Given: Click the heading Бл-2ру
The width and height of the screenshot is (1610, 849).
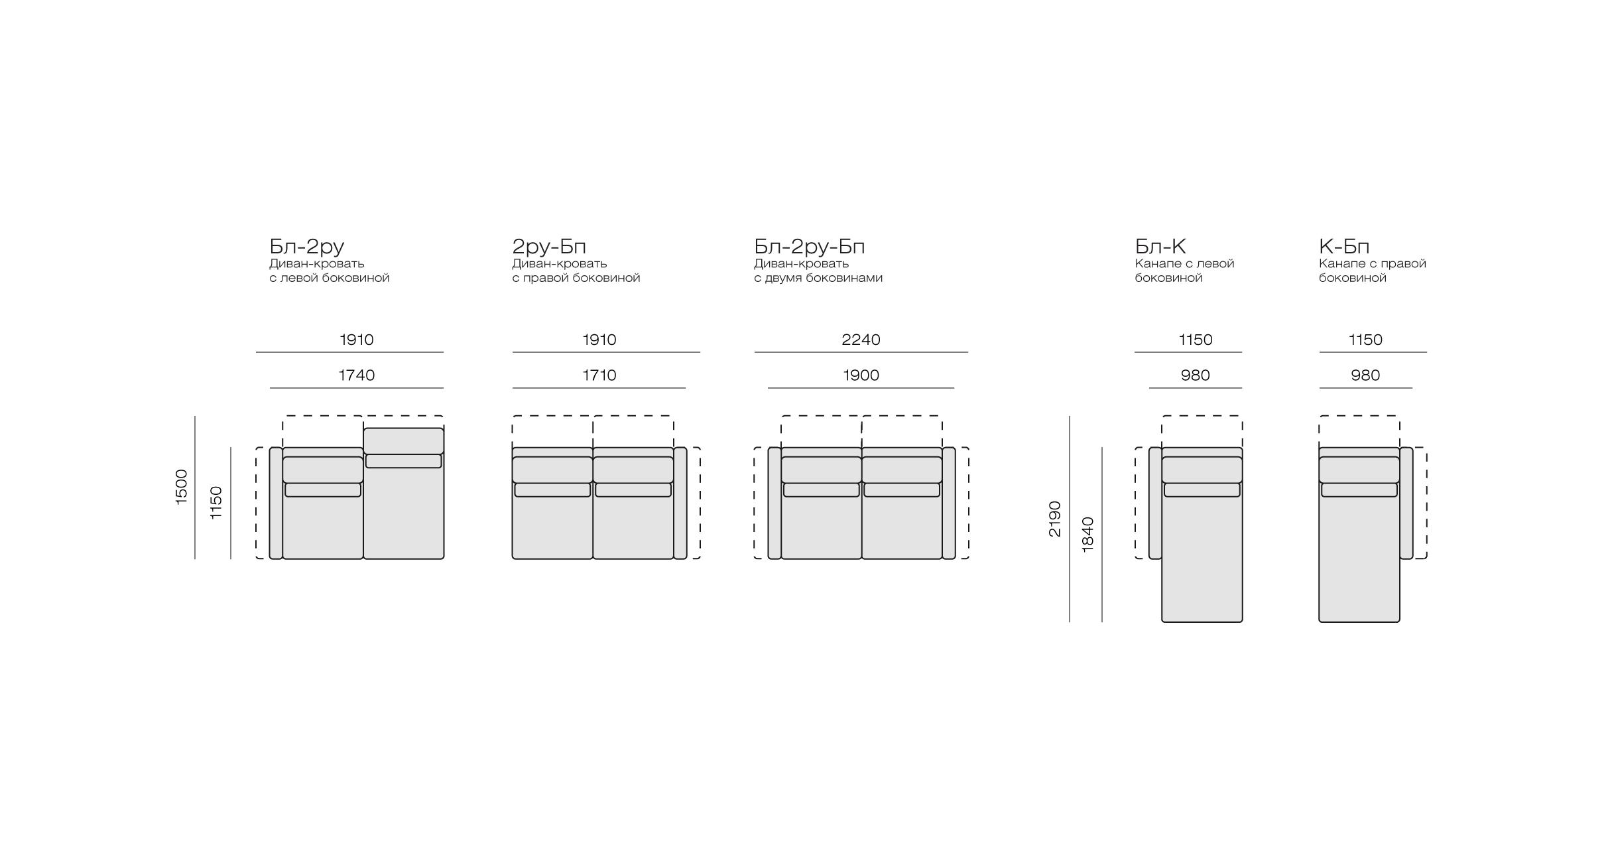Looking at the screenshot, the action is [307, 247].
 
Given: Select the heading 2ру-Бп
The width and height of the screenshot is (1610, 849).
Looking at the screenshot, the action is [549, 247].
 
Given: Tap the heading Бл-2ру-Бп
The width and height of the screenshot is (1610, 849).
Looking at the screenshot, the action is [810, 247].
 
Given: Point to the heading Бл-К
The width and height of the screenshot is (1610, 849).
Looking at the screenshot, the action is [1160, 246].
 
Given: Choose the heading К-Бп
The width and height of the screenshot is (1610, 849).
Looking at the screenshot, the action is [1344, 246].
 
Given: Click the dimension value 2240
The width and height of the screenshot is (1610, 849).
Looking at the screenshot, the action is [861, 340].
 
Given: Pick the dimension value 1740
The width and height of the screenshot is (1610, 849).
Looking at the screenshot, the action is [357, 375].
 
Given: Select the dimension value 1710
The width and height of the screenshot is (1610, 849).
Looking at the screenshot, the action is [599, 375].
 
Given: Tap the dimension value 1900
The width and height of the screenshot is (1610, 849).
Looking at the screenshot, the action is [861, 375].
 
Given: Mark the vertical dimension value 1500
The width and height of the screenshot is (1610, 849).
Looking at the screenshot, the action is [182, 488].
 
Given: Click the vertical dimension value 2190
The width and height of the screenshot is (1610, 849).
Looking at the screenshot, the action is [1055, 519].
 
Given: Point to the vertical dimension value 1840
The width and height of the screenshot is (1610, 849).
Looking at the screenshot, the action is [1088, 535].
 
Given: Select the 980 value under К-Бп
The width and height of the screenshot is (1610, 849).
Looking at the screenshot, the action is [1365, 375].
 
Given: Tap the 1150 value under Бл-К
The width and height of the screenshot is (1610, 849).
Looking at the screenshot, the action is [1196, 340].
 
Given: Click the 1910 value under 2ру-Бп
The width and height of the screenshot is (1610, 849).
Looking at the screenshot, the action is [599, 340].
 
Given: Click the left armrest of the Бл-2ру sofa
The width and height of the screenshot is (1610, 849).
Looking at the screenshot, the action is [276, 503].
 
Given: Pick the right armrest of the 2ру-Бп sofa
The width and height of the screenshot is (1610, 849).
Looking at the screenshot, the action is [680, 503].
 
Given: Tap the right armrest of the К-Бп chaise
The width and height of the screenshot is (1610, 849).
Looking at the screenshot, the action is [1406, 503].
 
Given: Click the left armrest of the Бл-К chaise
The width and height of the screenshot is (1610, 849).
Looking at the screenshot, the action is [1155, 503].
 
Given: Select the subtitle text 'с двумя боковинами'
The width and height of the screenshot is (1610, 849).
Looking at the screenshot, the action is [818, 278].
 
